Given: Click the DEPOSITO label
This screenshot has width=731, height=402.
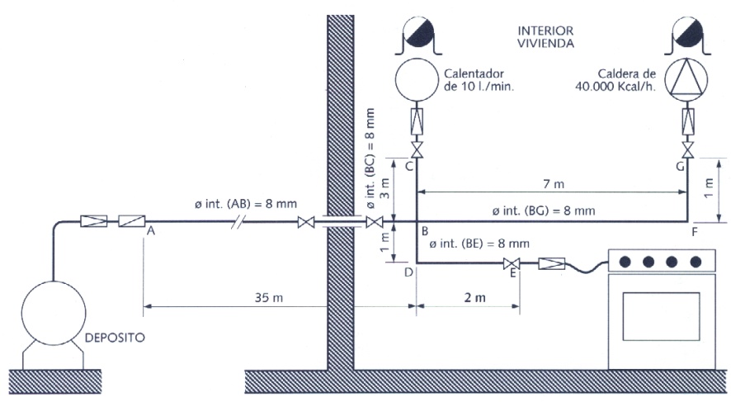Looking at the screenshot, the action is (x=115, y=337).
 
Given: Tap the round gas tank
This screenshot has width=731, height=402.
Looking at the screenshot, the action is (x=54, y=313).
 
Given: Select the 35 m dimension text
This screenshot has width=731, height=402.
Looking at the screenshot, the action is (x=268, y=297).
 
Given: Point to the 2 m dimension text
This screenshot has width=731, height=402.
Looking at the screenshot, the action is (x=474, y=297).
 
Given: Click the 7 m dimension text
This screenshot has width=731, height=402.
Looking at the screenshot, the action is (x=554, y=184).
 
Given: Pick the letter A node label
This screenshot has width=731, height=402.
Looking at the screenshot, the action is (x=151, y=231).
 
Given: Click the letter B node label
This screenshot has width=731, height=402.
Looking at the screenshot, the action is (x=425, y=231).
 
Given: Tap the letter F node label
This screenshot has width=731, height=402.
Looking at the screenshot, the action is (x=695, y=232).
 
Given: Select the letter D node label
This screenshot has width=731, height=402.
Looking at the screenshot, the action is (x=409, y=272).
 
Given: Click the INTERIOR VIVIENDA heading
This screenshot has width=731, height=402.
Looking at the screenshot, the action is (x=545, y=37).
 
